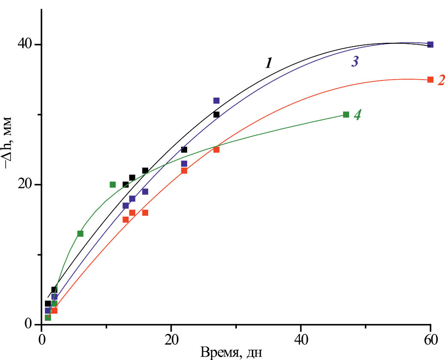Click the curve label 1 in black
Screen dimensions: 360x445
(x=268, y=63)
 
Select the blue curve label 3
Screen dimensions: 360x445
(x=355, y=62)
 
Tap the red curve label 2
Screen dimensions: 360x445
(x=441, y=80)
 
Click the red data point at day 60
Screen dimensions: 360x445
(x=430, y=80)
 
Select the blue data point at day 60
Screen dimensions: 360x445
(x=430, y=45)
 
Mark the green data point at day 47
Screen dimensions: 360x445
(x=346, y=114)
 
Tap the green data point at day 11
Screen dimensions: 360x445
(x=113, y=184)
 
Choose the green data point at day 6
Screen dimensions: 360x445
(x=80, y=233)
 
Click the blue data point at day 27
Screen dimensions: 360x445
(x=216, y=101)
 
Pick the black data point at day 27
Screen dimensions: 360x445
(x=216, y=114)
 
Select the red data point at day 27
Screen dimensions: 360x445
(x=216, y=149)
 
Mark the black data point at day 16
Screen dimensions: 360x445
(x=145, y=170)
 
